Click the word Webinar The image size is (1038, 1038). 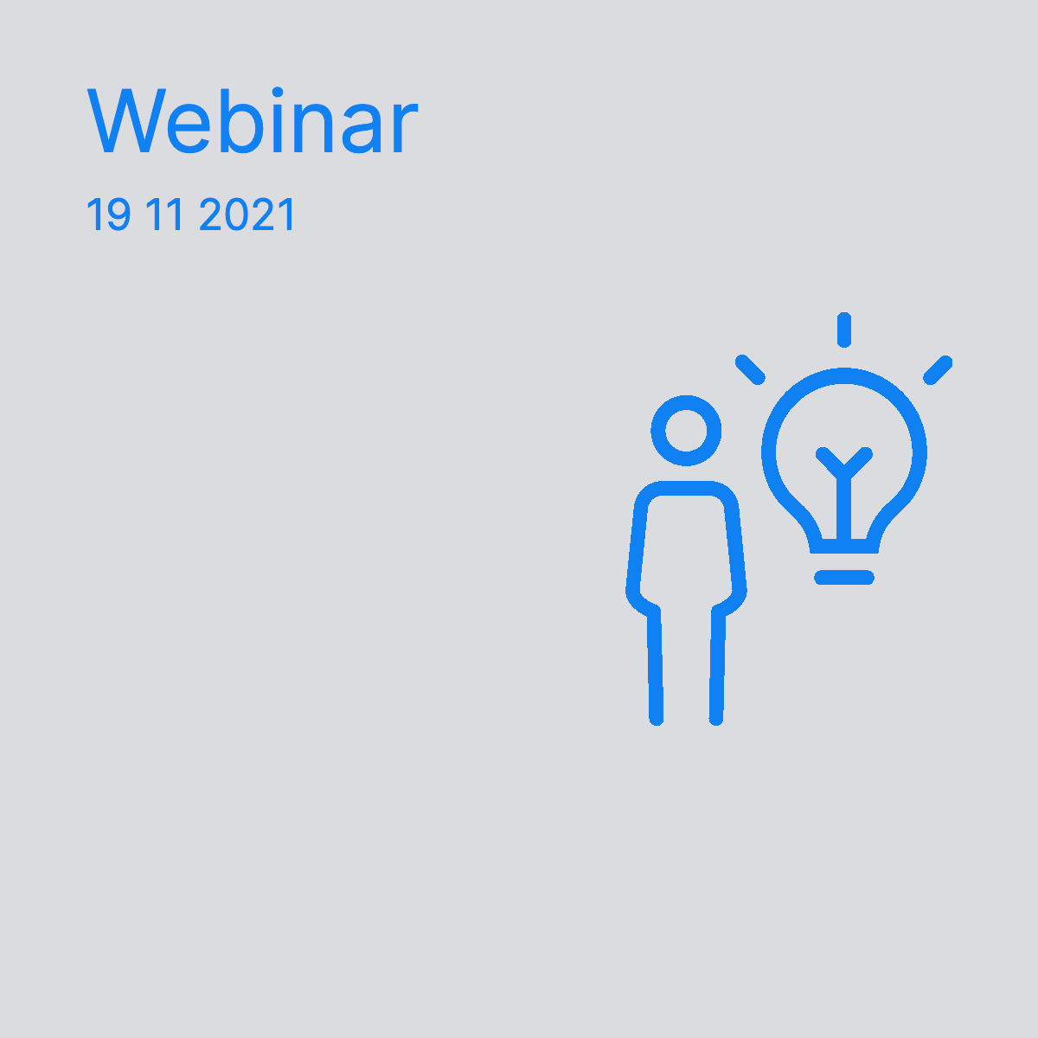[252, 120]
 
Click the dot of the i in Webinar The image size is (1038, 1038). [278, 91]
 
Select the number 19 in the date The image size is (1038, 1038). [109, 215]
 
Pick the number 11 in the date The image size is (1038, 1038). [164, 215]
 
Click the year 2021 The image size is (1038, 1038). [247, 215]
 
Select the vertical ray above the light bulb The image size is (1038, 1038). [844, 330]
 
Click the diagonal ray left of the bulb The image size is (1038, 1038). [750, 369]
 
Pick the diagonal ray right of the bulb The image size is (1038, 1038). [938, 370]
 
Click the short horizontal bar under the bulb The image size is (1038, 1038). [844, 577]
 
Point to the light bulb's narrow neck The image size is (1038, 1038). [844, 546]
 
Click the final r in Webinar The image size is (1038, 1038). [406, 126]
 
